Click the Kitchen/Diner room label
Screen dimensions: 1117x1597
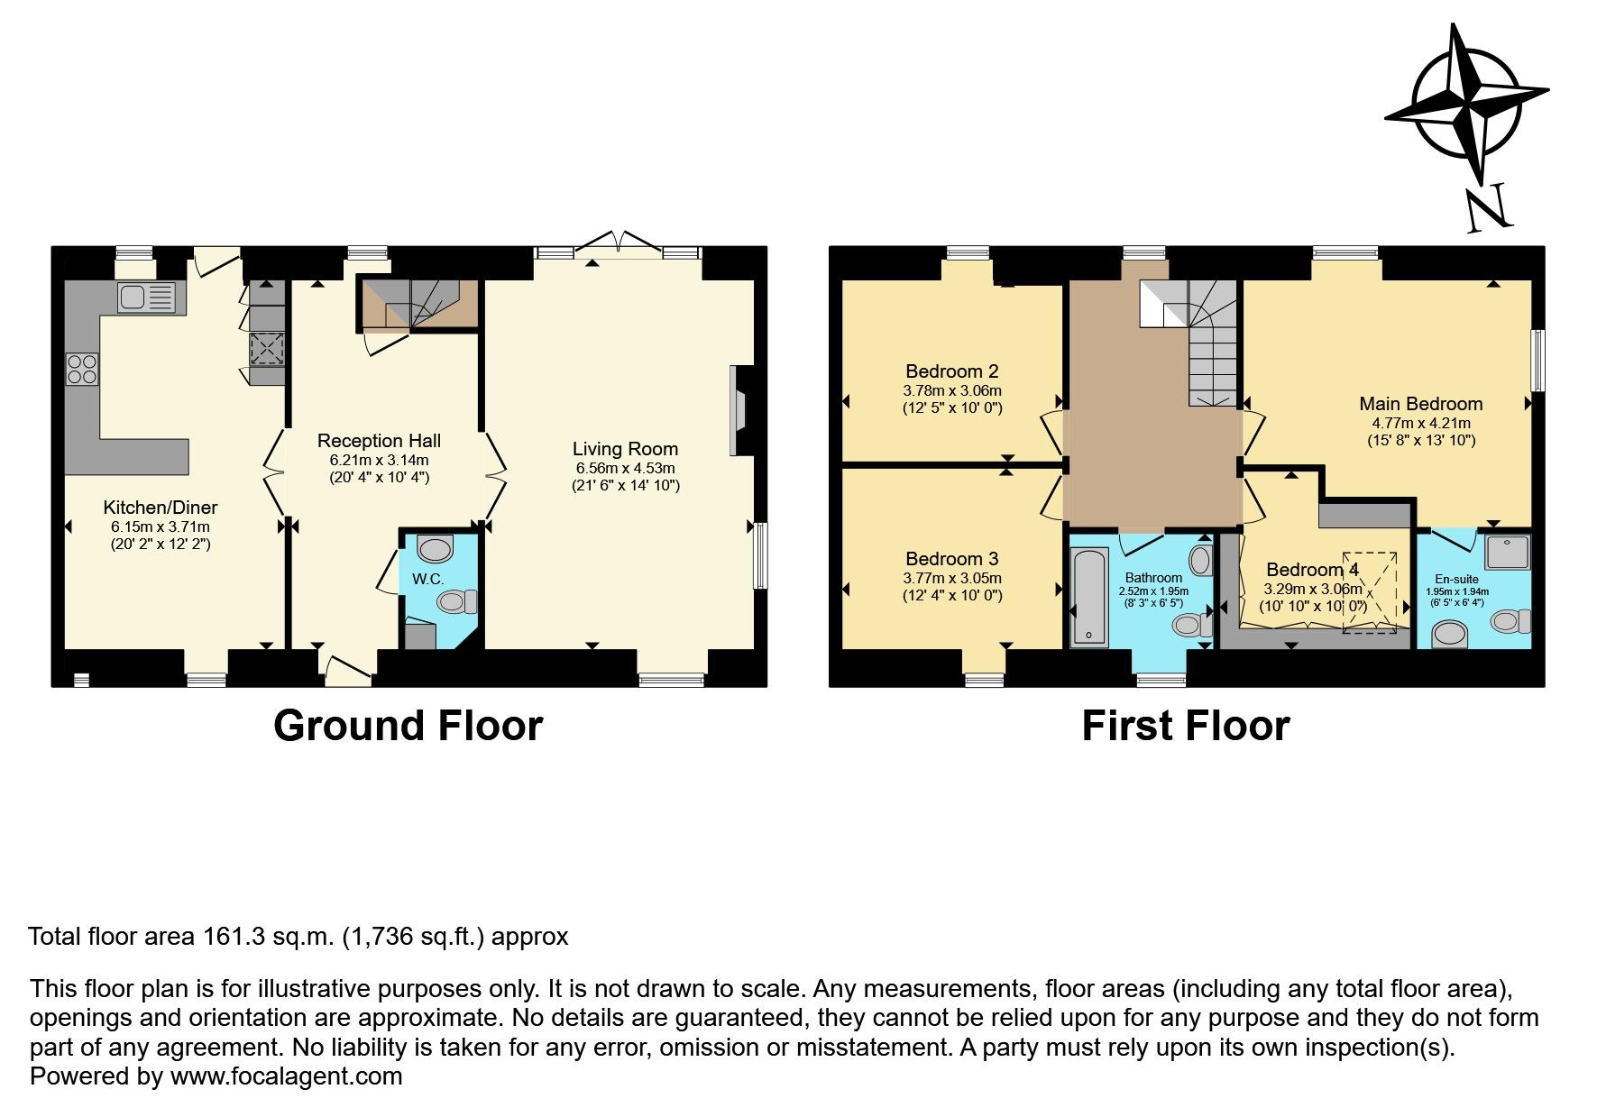(160, 508)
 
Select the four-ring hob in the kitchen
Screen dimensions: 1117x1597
(82, 369)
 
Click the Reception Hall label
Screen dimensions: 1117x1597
(379, 441)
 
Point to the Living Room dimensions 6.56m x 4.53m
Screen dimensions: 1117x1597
(625, 468)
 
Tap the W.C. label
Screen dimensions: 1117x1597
(427, 579)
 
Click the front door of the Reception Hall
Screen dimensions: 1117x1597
(347, 670)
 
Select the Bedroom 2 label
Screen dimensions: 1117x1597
(951, 371)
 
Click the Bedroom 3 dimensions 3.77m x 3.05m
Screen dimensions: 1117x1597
(951, 578)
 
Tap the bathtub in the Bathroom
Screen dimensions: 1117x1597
(1089, 596)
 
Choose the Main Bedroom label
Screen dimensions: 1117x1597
(1420, 404)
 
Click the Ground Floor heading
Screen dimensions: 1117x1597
(408, 726)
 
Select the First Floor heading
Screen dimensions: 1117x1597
(1185, 726)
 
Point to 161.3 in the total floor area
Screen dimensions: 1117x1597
(234, 937)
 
